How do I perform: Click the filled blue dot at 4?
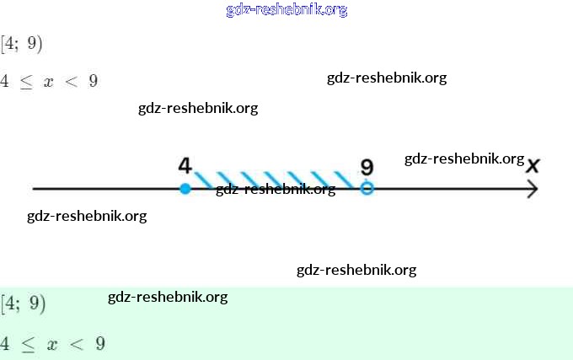tap(185, 189)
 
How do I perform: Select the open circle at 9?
tap(367, 189)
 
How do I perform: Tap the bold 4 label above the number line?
tap(185, 165)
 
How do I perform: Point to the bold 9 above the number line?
tap(367, 167)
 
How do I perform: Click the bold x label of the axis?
tap(533, 166)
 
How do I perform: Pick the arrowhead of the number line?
tap(533, 189)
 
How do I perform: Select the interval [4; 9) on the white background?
tap(22, 44)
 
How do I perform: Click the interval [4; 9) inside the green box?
tap(23, 304)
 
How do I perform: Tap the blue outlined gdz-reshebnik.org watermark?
tap(286, 10)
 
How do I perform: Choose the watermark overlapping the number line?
tap(276, 190)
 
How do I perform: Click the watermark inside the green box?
tap(168, 297)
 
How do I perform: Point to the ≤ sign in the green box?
tap(28, 344)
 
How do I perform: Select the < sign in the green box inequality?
tap(77, 343)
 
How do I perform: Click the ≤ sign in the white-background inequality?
tap(26, 82)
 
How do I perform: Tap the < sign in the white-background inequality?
tap(72, 81)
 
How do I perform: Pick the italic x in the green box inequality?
tap(52, 345)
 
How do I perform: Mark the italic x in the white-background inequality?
tap(48, 82)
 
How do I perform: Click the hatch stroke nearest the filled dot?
tap(203, 180)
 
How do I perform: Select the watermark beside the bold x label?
tap(464, 159)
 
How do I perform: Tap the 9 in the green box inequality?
tap(100, 343)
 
